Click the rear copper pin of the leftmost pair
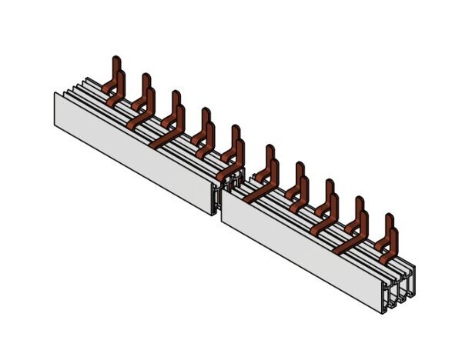(x=116, y=65)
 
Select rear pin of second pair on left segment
(x=146, y=82)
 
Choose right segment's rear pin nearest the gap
(x=269, y=154)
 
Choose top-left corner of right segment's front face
(x=222, y=188)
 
